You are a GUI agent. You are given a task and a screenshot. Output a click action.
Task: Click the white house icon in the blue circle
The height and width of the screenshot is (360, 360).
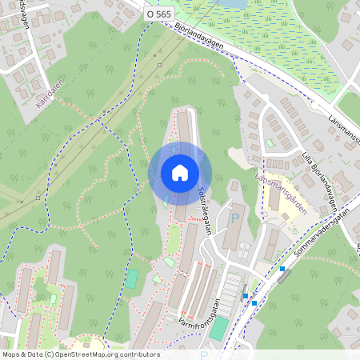(180, 173)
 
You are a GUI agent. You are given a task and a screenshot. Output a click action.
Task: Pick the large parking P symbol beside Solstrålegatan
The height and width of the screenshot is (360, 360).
(235, 217)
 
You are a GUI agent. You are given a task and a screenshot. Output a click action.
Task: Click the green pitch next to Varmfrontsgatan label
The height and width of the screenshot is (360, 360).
(218, 329)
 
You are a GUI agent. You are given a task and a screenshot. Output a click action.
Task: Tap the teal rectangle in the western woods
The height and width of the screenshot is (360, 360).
(132, 279)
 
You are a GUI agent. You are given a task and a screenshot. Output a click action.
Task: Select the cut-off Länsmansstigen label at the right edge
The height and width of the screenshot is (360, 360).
(343, 127)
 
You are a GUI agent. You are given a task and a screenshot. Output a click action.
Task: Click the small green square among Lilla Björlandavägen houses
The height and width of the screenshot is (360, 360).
(269, 143)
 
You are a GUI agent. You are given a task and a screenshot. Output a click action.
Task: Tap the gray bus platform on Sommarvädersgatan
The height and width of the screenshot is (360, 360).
(284, 277)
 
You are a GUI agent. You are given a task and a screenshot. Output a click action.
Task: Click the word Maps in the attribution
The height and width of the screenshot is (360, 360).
(12, 354)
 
